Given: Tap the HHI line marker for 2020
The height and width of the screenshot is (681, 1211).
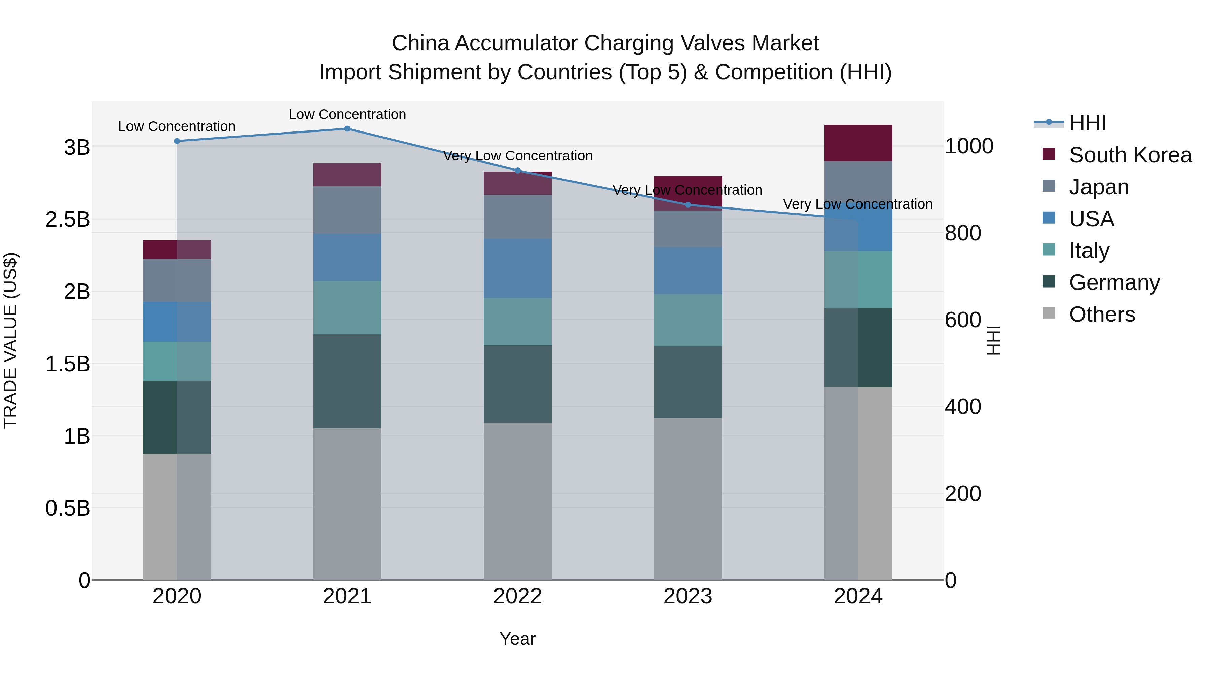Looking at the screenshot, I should tap(177, 141).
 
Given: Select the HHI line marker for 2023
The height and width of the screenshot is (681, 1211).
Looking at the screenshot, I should tap(688, 205).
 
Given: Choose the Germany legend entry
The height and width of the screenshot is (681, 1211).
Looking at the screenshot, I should tap(1114, 282).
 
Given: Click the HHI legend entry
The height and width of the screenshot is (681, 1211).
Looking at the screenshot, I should tap(1087, 123).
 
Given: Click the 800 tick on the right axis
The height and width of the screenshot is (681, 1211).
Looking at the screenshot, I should tap(963, 233).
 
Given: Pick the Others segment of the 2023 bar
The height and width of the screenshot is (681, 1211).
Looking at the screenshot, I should tap(688, 499).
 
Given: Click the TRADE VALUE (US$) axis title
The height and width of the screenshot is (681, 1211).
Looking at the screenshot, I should tap(10, 340).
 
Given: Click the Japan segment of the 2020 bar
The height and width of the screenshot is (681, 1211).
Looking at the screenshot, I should tap(177, 280).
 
